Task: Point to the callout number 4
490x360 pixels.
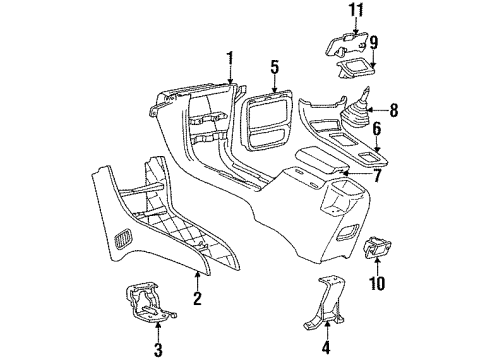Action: point(325,349)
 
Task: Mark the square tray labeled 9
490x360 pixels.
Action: point(355,67)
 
